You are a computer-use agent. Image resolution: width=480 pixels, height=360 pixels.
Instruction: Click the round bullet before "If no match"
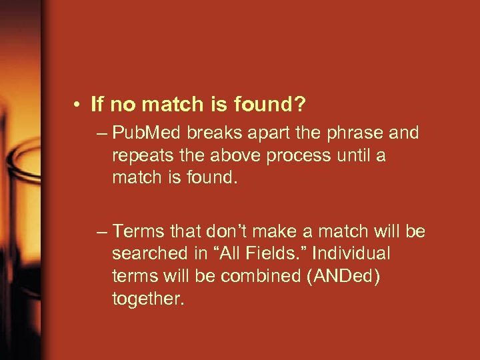click(79, 105)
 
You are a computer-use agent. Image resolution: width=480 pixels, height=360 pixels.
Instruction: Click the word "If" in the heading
click(97, 104)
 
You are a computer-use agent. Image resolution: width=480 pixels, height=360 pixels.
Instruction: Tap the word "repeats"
click(138, 155)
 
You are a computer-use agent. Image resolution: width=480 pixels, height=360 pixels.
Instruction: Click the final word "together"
click(146, 298)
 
